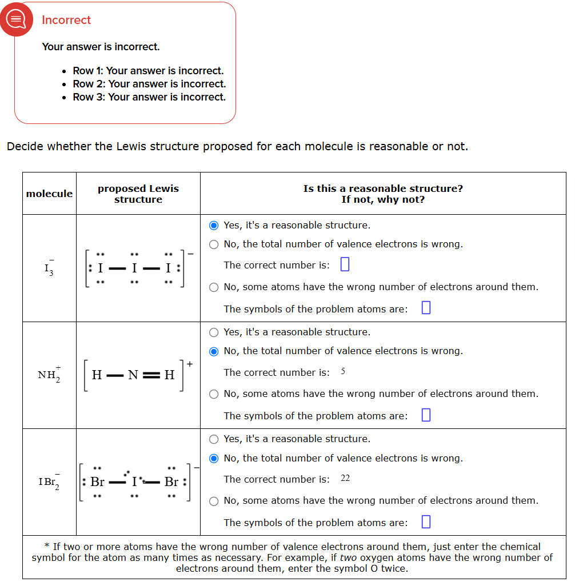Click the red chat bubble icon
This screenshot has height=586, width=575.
[15, 19]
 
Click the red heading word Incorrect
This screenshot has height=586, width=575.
[66, 20]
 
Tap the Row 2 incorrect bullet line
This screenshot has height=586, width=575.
[149, 84]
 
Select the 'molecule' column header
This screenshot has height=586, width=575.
[49, 194]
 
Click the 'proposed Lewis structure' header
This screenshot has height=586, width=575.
[138, 194]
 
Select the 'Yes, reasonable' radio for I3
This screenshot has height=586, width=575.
[214, 225]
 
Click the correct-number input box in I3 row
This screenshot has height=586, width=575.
[345, 264]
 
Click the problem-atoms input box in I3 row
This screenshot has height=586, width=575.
[425, 308]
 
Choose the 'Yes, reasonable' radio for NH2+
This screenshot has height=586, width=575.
[214, 332]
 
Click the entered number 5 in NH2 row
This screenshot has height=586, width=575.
[343, 372]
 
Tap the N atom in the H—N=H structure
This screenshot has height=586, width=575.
[133, 375]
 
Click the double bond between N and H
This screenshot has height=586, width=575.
[151, 375]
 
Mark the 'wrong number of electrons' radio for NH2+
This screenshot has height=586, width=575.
[214, 394]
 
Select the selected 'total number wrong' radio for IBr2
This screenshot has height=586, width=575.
[214, 458]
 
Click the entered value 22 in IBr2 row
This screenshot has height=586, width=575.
[345, 478]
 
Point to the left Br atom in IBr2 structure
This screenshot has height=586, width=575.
[97, 482]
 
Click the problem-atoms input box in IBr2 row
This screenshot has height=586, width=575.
[425, 522]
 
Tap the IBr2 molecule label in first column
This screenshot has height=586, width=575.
[49, 481]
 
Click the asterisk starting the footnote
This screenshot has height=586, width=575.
[47, 547]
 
